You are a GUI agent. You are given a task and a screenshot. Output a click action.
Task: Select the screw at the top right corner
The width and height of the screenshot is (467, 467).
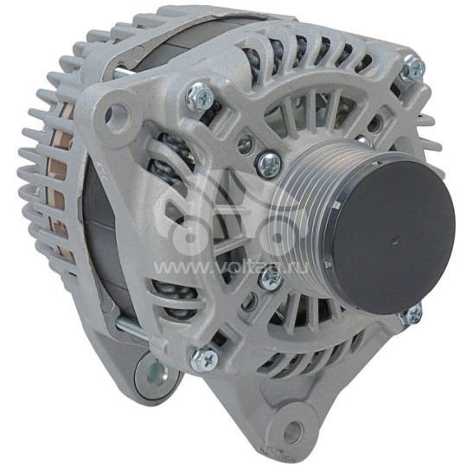tap(414, 67)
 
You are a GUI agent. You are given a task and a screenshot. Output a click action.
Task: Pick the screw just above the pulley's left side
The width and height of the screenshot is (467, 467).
tap(269, 161)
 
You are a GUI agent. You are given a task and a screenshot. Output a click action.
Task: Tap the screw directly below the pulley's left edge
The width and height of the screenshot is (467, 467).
tap(270, 278)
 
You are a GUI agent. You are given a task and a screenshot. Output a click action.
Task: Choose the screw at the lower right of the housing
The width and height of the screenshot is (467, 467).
tap(413, 314)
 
